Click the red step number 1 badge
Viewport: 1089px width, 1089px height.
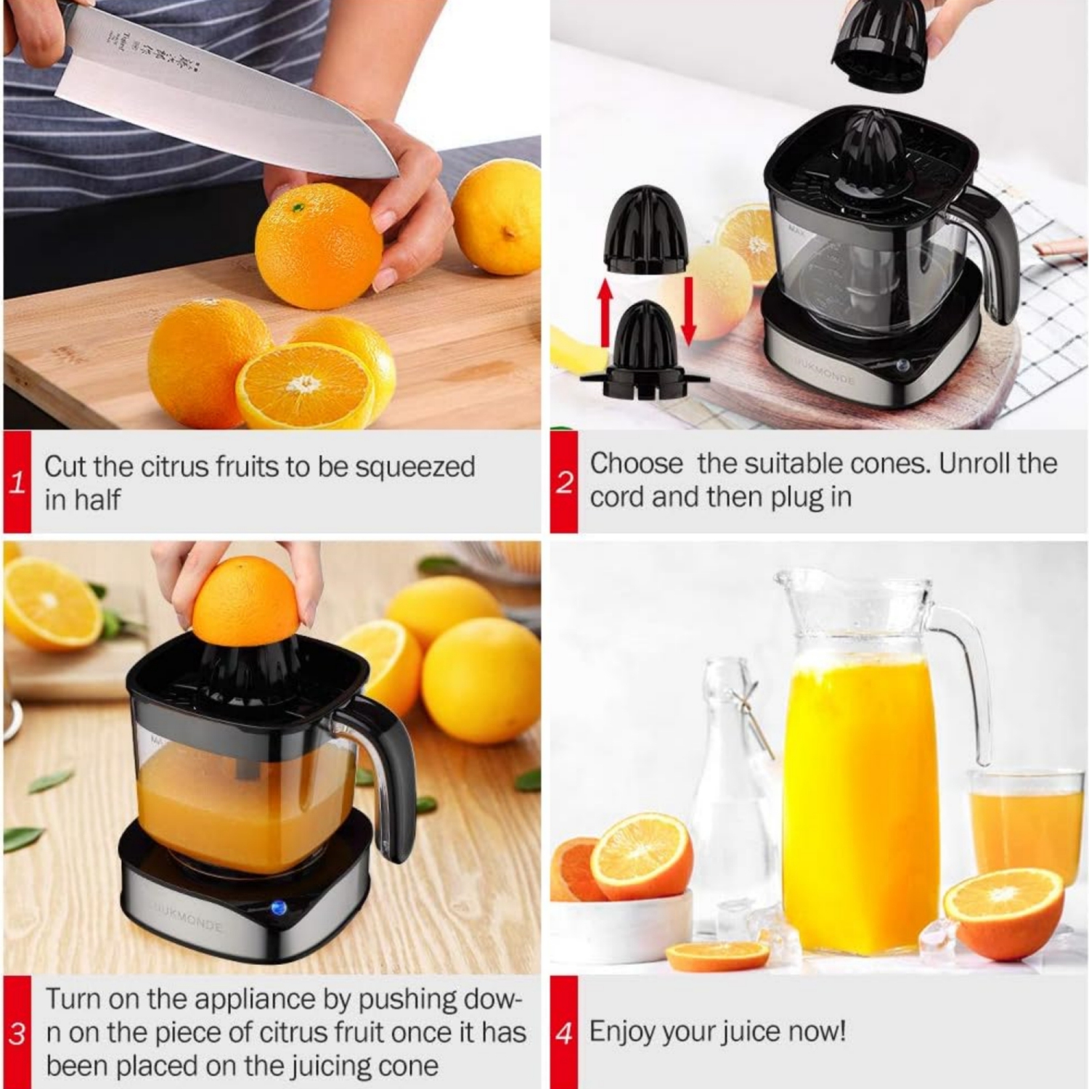point(17,482)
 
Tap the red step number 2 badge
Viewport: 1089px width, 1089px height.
point(564,482)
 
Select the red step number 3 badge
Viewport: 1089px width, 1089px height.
point(17,1032)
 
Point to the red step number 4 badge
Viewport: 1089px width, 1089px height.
point(564,1032)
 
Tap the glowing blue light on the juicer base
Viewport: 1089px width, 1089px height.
point(278,907)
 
